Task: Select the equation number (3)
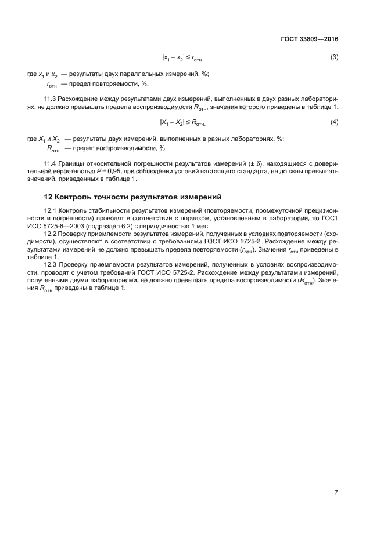[x=334, y=57]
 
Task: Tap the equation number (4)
[x=334, y=122]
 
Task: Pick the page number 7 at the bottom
[x=336, y=493]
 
